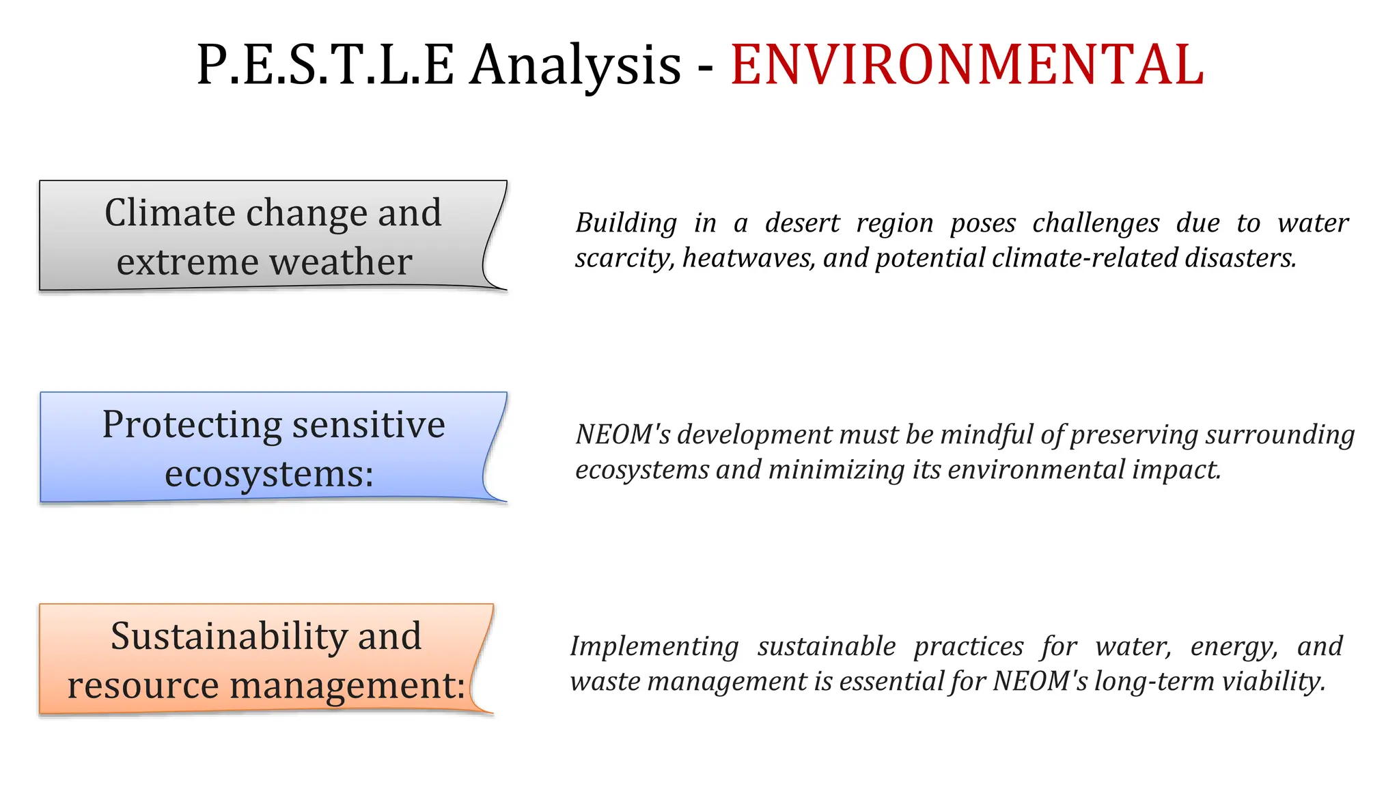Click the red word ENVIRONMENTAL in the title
pos(967,65)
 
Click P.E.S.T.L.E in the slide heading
pos(325,65)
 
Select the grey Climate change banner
pos(266,236)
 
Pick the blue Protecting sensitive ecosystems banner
pos(266,447)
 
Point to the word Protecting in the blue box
pos(191,424)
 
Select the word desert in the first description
pos(802,223)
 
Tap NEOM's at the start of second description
pos(622,434)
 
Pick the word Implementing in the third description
pos(654,646)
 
